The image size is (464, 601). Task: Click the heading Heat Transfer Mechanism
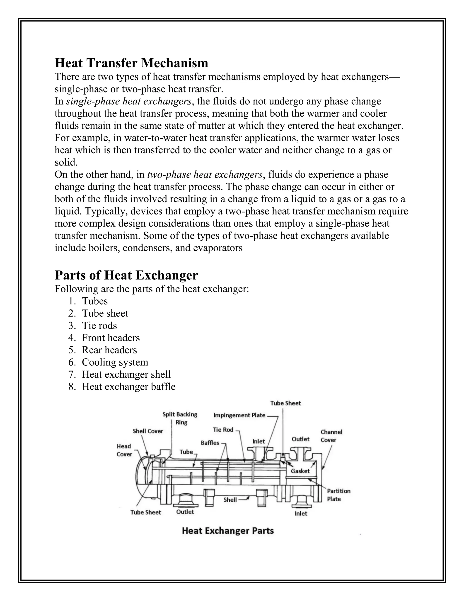click(131, 63)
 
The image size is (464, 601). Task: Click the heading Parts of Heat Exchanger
click(126, 275)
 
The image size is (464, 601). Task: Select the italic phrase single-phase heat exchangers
click(129, 101)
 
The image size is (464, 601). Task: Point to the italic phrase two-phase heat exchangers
click(205, 174)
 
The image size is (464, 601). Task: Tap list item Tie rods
click(99, 325)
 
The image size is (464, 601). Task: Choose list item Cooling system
click(115, 362)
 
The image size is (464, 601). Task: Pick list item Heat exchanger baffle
click(128, 387)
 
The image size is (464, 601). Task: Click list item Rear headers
click(109, 350)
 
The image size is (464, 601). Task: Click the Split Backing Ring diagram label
click(180, 418)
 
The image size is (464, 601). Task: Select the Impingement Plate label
click(239, 415)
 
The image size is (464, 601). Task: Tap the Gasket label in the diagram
click(300, 471)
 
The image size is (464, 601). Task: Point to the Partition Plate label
click(338, 495)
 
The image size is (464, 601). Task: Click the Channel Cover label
click(331, 436)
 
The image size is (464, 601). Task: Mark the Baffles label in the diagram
click(210, 443)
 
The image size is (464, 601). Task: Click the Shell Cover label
click(148, 431)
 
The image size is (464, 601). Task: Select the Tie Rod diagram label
click(223, 430)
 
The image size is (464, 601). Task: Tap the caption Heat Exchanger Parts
click(228, 531)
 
